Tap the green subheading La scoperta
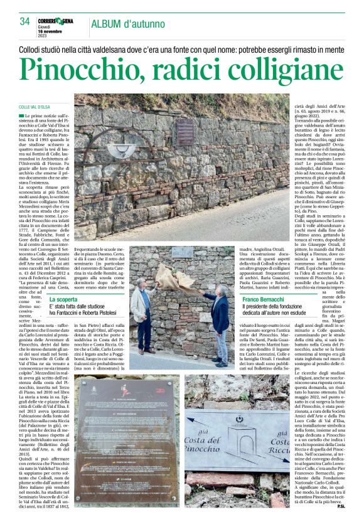tap(63, 299)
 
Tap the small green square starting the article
tap(21, 116)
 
